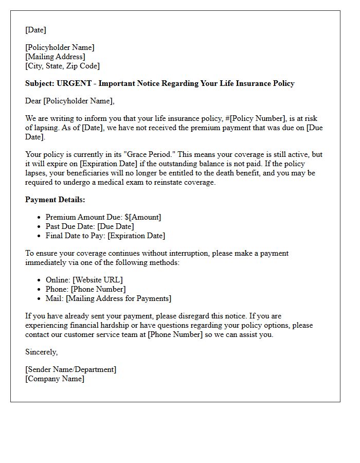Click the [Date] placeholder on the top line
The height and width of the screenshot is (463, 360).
[35, 30]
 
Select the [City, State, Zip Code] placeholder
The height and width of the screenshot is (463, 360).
[62, 66]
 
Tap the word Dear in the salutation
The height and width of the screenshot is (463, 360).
[33, 101]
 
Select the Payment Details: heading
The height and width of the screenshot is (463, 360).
[55, 200]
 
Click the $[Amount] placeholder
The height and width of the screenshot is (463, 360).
[142, 217]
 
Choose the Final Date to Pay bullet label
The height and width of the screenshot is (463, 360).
[76, 236]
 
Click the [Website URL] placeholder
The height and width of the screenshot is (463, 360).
[98, 280]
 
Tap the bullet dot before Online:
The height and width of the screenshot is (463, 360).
[40, 280]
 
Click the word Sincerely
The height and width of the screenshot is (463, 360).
[41, 352]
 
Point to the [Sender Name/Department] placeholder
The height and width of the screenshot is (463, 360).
[70, 369]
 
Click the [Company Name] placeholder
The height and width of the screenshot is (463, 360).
[55, 379]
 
